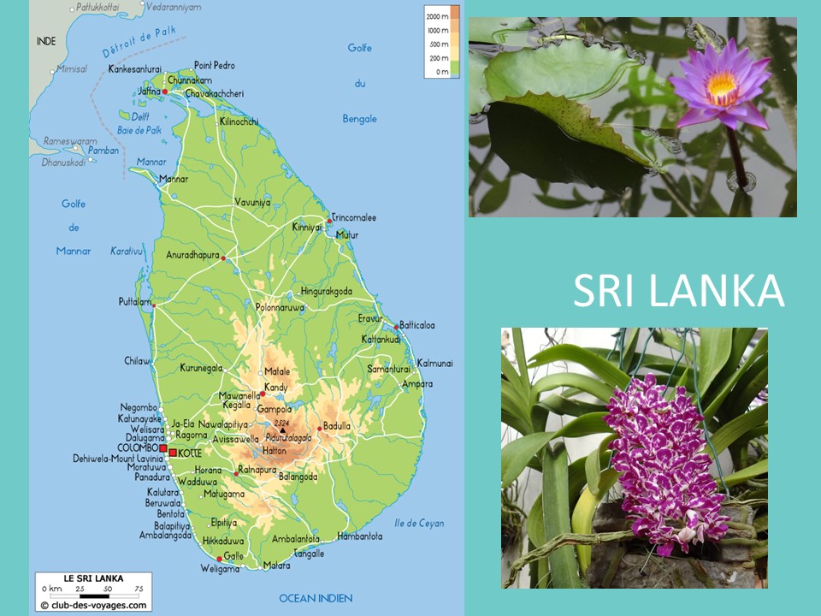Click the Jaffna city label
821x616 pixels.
pos(149,92)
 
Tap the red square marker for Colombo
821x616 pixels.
pos(162,447)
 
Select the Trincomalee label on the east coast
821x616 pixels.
pos(354,217)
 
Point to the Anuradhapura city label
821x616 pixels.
pos(193,254)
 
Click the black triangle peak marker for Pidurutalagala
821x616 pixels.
pos(281,430)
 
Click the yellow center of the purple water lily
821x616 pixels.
pos(722,84)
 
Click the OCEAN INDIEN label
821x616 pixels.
pos(316,598)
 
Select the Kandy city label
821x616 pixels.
pos(275,388)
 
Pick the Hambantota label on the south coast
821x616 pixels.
pos(360,536)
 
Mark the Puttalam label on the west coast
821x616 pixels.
pos(134,302)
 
